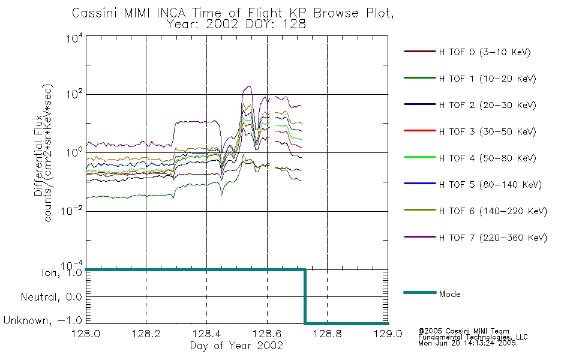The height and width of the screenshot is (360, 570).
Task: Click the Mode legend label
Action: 449,294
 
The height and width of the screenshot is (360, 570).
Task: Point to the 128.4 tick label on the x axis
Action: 207,334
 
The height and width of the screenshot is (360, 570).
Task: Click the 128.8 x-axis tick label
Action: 327,334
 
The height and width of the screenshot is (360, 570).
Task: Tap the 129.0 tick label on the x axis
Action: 388,334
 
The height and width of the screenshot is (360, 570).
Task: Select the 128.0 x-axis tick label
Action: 86,334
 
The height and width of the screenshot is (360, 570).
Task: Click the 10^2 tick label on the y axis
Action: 74,94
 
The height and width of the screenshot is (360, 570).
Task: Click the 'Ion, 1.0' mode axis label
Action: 62,273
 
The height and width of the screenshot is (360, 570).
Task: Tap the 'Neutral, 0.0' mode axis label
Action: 51,297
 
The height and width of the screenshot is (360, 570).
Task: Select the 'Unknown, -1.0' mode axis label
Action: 43,320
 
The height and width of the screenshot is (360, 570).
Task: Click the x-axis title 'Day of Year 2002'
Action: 236,346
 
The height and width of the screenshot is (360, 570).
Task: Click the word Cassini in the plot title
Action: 95,13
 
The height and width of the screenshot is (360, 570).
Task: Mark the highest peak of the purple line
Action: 248,86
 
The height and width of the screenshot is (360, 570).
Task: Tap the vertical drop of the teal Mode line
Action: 305,296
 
